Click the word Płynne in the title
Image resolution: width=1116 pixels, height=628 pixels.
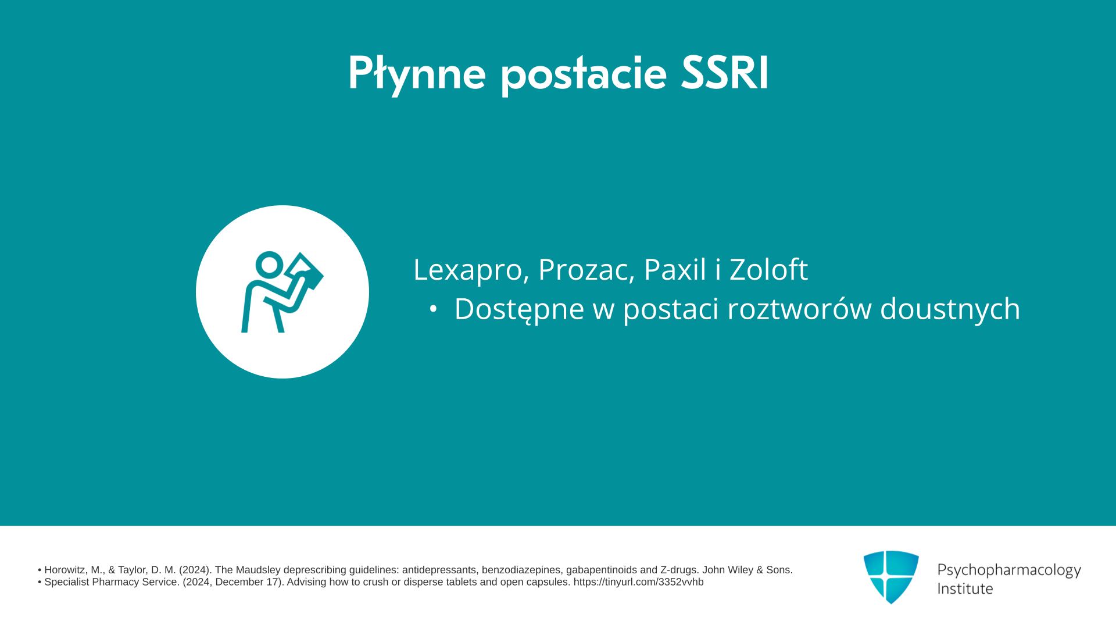coord(417,74)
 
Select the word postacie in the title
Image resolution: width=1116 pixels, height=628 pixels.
coord(583,74)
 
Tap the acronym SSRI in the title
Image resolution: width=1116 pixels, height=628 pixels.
coord(725,73)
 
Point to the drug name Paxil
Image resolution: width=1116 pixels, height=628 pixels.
coord(675,269)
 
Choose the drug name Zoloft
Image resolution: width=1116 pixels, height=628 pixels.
coord(768,269)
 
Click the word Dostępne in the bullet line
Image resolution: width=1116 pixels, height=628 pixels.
coord(519,309)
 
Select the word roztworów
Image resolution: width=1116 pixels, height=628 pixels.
coord(799,308)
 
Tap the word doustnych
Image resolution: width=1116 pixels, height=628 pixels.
coord(950,309)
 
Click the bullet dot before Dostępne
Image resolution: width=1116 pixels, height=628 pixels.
coord(433,309)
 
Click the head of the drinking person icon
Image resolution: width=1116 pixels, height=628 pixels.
coord(269,265)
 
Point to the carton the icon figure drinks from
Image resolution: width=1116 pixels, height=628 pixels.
coord(304,271)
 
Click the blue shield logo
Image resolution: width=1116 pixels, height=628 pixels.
coord(891,577)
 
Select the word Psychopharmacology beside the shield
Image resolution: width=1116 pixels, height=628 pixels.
coord(1009,570)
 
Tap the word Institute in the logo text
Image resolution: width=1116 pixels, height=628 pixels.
coord(965,588)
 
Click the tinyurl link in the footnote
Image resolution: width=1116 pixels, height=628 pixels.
coord(638,582)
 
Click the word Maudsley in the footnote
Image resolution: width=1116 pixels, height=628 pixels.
coord(258,570)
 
